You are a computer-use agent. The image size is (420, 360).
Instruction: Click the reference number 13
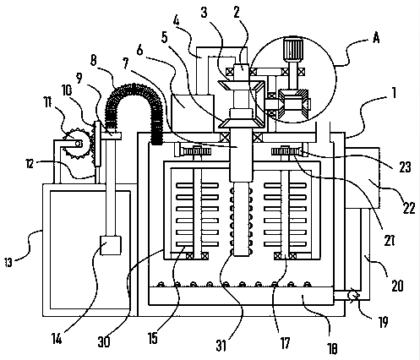click(8, 263)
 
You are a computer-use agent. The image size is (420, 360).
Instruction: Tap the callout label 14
click(57, 339)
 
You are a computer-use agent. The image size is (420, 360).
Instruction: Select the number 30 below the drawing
click(104, 342)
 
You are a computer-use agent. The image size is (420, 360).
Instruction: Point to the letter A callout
click(376, 37)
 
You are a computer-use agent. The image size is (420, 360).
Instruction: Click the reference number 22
click(409, 208)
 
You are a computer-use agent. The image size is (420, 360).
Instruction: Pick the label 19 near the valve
click(383, 322)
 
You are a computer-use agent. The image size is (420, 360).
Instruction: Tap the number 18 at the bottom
click(332, 349)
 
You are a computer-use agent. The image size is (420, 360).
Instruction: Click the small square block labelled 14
click(111, 245)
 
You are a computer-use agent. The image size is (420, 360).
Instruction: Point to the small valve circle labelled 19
click(352, 296)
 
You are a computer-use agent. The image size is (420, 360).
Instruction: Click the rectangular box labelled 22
click(362, 177)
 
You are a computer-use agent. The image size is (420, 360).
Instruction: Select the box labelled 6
click(193, 113)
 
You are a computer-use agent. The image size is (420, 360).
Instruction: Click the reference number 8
click(94, 60)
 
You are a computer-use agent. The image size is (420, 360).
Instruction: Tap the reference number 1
click(394, 93)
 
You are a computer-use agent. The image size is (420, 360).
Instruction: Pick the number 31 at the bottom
click(221, 346)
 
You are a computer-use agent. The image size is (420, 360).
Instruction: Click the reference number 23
click(405, 167)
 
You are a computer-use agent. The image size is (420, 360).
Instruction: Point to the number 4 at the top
click(176, 20)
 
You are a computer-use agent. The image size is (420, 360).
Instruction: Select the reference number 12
click(30, 163)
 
